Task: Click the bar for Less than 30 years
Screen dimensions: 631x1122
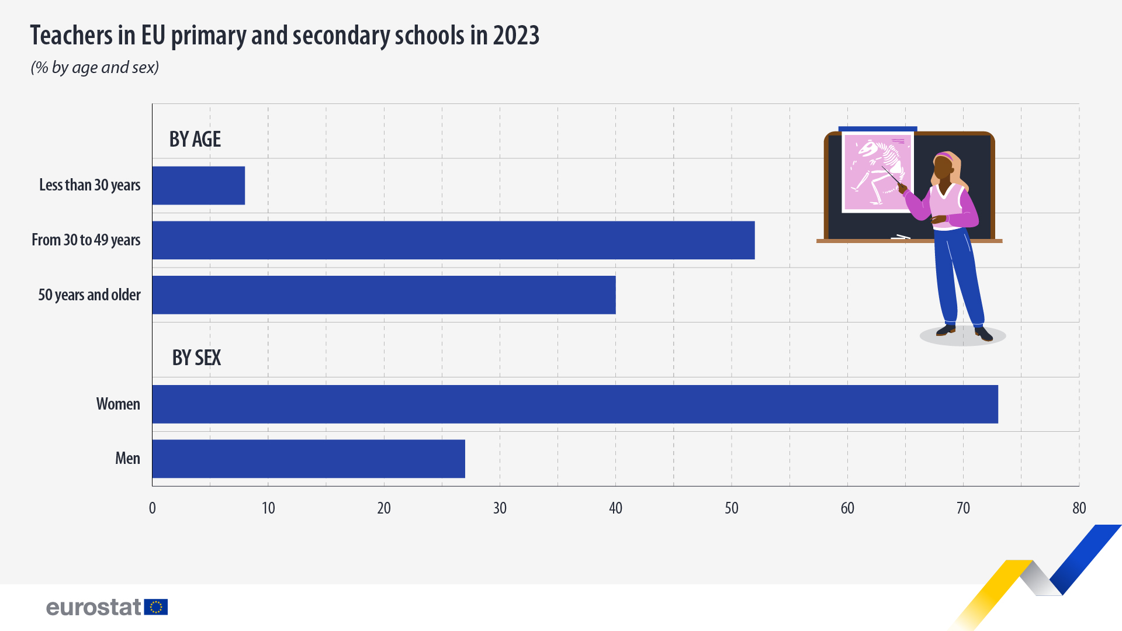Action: tap(199, 186)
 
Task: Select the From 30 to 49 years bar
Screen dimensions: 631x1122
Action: tap(453, 240)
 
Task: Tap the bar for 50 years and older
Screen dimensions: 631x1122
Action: tap(384, 295)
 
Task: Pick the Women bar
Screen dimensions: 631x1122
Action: tap(575, 404)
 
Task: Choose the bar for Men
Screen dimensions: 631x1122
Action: tap(309, 459)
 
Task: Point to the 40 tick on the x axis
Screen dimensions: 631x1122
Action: tap(615, 508)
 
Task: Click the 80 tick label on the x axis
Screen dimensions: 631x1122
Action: tap(1079, 508)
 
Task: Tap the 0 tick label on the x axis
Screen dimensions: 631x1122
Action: tap(153, 508)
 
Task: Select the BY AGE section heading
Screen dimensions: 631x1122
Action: tap(195, 140)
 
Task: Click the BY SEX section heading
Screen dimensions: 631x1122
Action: tap(196, 358)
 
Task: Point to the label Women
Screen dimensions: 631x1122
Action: tap(118, 404)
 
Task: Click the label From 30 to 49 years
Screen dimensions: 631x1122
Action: tap(86, 240)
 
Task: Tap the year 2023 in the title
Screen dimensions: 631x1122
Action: tap(516, 36)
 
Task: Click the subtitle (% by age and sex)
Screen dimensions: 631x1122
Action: tap(95, 68)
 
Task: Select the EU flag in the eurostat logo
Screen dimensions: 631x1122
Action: tap(156, 607)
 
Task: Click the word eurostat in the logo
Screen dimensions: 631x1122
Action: tap(93, 607)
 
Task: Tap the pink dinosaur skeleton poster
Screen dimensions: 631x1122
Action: tap(877, 172)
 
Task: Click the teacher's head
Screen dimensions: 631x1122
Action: tap(944, 167)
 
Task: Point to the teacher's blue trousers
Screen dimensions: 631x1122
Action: tap(958, 275)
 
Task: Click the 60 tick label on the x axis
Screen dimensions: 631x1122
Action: tap(847, 508)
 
